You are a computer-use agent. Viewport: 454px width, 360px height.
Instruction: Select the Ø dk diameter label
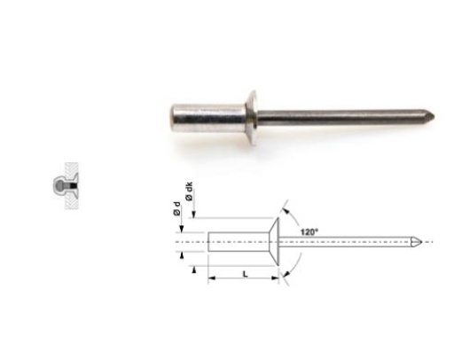click(x=189, y=189)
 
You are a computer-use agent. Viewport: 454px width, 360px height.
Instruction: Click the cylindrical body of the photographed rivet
click(x=209, y=115)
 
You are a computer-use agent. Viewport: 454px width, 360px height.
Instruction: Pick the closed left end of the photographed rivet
click(x=172, y=116)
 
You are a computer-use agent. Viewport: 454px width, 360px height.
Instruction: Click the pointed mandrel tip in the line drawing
click(x=429, y=242)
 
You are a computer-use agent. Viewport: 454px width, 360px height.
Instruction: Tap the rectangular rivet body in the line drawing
click(x=233, y=242)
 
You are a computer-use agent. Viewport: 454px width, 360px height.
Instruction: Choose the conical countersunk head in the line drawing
click(x=270, y=242)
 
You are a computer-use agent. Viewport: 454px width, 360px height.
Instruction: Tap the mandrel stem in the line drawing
click(x=355, y=242)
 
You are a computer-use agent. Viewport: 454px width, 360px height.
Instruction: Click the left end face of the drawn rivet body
click(x=208, y=242)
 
